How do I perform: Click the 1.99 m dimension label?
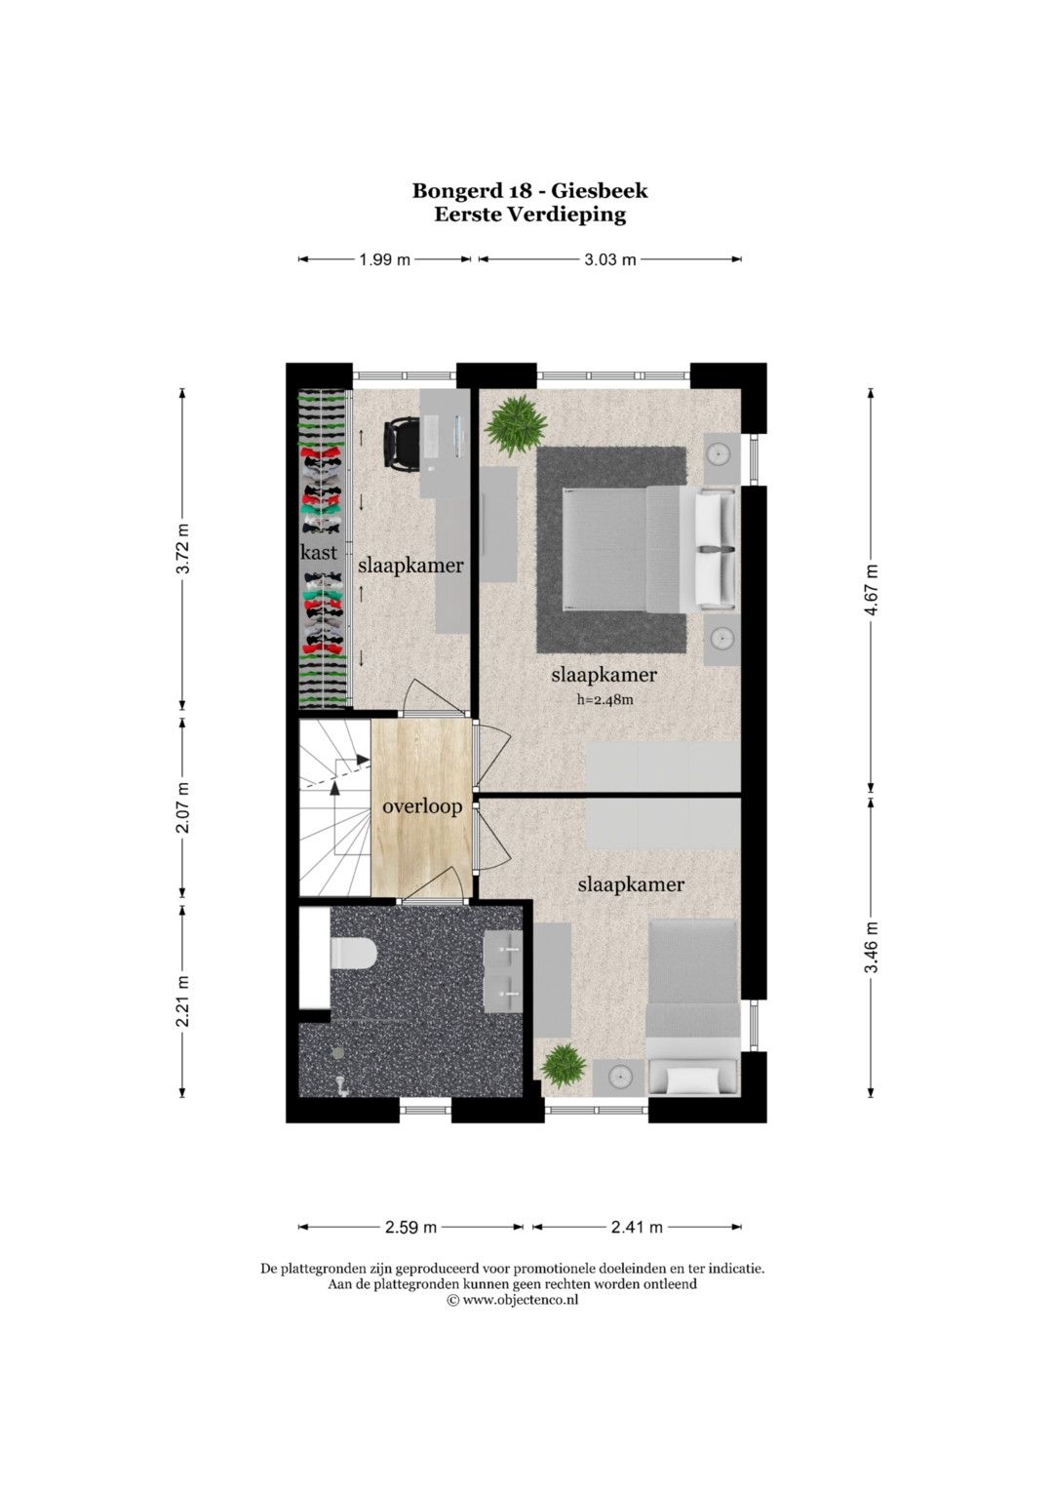(385, 260)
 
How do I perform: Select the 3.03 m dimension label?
(610, 260)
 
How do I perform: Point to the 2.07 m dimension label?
(183, 807)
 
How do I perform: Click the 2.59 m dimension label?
(410, 1227)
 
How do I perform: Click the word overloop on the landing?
(422, 807)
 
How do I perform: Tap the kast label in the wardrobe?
(319, 552)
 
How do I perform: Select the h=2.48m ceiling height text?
(604, 699)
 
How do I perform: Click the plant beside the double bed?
(516, 425)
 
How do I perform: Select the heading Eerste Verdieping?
(529, 215)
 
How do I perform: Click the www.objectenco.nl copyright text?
(513, 1300)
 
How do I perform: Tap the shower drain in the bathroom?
(338, 1052)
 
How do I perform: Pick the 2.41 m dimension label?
(637, 1227)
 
